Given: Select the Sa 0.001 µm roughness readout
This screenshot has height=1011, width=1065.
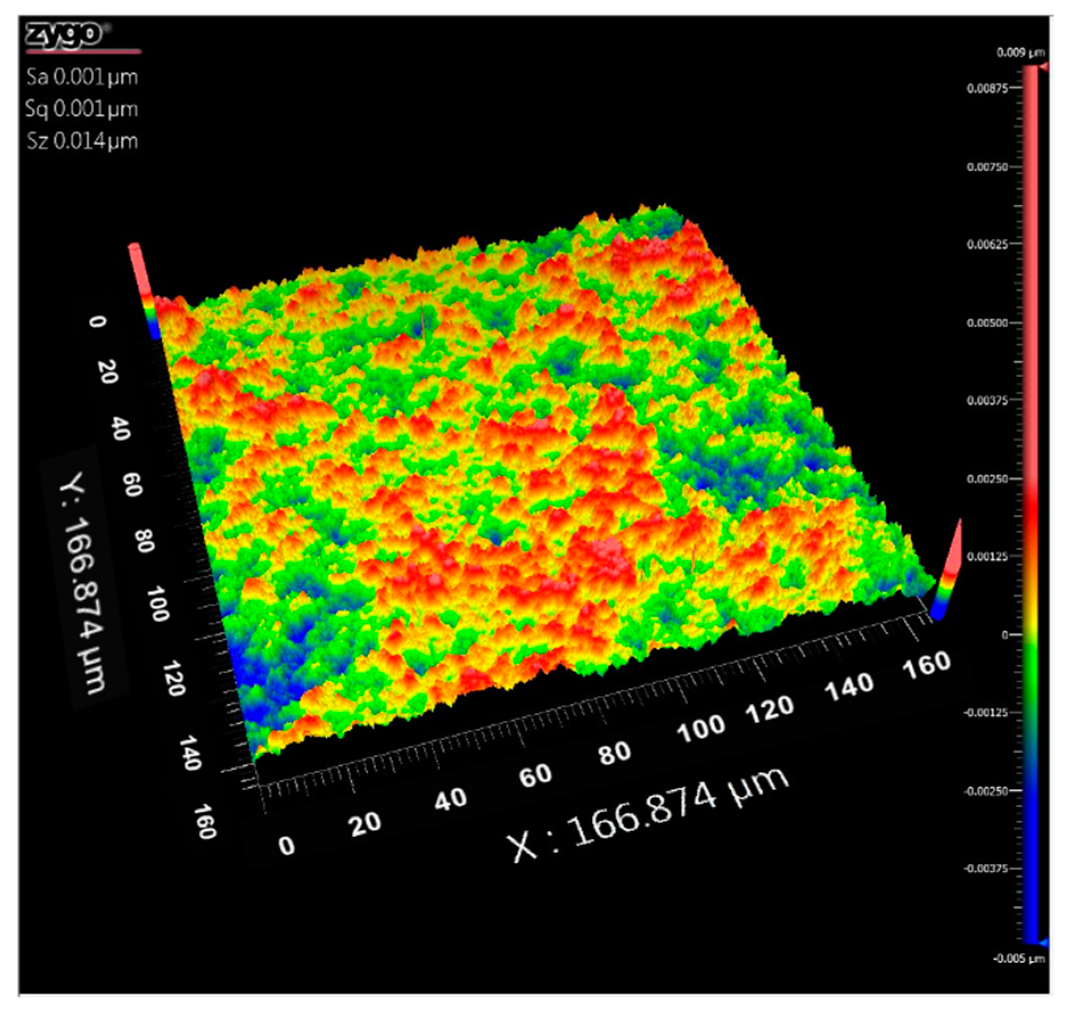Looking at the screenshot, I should click(x=82, y=77).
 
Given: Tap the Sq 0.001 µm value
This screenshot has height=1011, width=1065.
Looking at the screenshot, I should click(x=81, y=109).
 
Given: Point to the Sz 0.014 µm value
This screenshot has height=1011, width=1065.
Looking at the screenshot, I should click(x=82, y=141).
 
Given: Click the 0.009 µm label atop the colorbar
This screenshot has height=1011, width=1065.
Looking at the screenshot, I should click(x=1020, y=53).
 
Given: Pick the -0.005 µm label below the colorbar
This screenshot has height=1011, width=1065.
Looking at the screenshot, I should click(x=1018, y=959).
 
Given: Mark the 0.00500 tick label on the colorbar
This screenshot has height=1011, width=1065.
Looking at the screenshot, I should click(x=986, y=323).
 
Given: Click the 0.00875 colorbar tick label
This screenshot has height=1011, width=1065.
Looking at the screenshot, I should click(x=986, y=88).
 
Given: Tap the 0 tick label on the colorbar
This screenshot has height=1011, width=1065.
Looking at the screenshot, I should click(x=1005, y=635).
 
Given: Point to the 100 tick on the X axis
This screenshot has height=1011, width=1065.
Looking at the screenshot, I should click(x=701, y=728).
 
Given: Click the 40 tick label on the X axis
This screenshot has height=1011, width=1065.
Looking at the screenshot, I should click(x=450, y=799).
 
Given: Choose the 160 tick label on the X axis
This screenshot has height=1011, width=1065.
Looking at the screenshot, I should click(x=927, y=664).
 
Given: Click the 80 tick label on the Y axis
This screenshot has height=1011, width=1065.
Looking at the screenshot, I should click(x=145, y=540).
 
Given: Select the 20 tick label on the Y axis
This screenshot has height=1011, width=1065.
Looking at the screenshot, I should click(x=108, y=372).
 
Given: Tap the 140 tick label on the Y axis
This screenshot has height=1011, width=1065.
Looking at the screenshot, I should click(x=190, y=752).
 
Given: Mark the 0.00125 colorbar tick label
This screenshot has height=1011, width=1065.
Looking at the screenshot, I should click(x=986, y=556).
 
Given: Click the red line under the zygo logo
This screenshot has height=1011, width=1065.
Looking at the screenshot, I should click(x=83, y=52).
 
